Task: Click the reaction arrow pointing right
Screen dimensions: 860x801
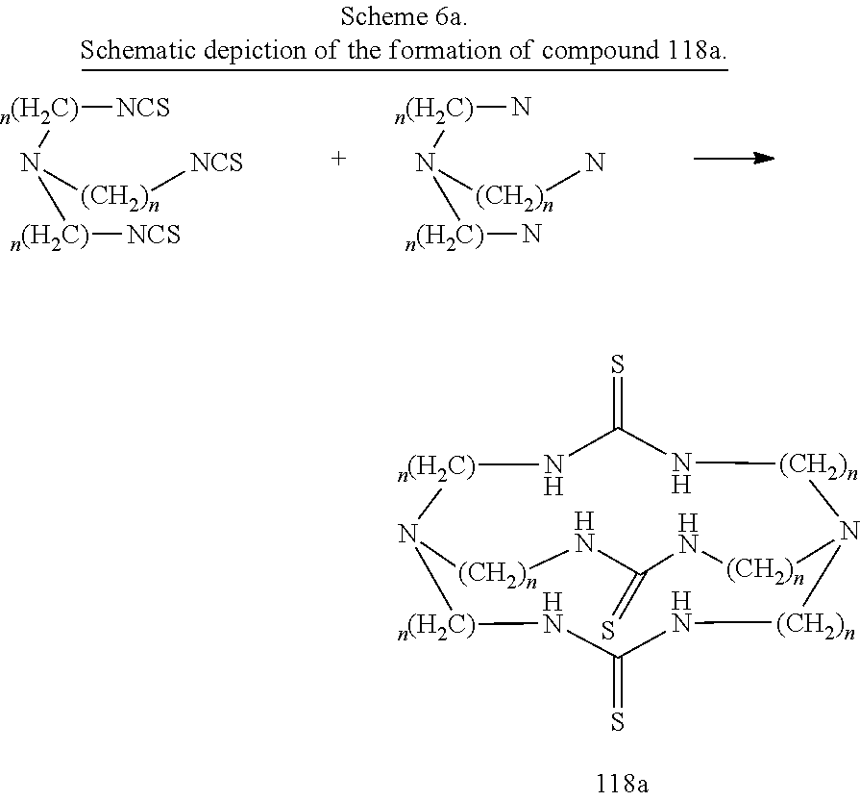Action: click(x=734, y=159)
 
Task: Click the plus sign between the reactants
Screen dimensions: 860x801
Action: click(x=338, y=159)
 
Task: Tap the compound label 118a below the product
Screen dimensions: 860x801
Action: click(x=622, y=784)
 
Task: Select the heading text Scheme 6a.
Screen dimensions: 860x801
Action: click(x=404, y=16)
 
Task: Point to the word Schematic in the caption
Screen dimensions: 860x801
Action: click(x=138, y=51)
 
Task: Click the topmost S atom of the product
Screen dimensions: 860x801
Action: click(x=618, y=364)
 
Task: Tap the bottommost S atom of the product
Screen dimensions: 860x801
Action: click(x=618, y=721)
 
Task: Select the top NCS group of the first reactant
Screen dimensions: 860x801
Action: click(x=143, y=108)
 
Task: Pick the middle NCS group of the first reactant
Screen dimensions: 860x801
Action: click(x=216, y=163)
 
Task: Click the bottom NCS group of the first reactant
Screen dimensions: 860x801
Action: click(x=154, y=235)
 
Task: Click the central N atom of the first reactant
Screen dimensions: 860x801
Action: click(x=31, y=163)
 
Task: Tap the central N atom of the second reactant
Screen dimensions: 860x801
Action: click(x=426, y=163)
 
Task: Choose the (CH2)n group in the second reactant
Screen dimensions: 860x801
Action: click(x=514, y=197)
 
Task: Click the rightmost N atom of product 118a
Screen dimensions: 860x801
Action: click(x=849, y=531)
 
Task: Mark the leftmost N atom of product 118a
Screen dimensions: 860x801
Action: click(x=408, y=533)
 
